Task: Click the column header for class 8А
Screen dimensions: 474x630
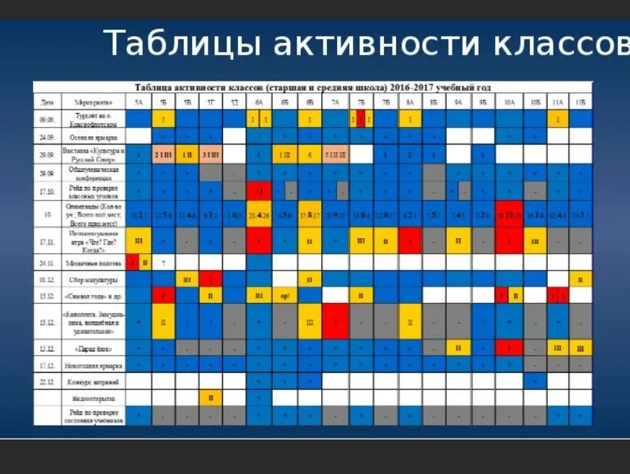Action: click(410, 102)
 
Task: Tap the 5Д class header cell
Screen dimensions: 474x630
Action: click(235, 102)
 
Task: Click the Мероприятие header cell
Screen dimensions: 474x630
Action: click(82, 102)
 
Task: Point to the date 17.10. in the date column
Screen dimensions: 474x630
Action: click(47, 191)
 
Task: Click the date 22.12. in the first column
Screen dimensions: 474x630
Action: click(47, 380)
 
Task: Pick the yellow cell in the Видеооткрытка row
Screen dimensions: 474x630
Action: click(211, 398)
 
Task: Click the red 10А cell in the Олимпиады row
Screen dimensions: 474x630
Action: click(509, 214)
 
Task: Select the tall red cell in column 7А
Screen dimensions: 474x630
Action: click(336, 321)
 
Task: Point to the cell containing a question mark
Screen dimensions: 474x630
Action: click(164, 262)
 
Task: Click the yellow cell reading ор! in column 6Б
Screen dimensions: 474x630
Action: click(284, 295)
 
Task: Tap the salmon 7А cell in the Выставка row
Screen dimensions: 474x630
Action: click(336, 154)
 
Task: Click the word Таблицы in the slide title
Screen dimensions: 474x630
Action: click(183, 44)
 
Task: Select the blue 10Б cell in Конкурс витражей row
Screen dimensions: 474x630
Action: click(535, 380)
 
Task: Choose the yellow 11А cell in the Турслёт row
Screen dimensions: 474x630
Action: click(557, 119)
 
